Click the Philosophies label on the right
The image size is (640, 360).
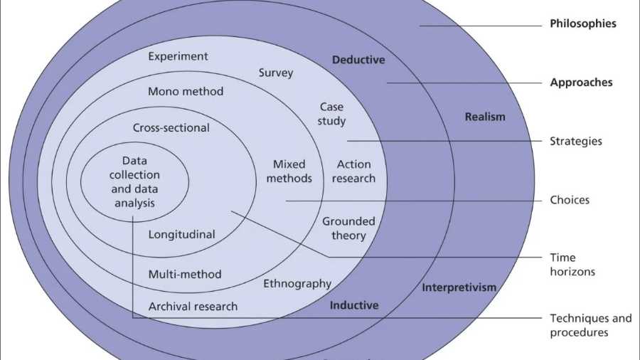pos(582,23)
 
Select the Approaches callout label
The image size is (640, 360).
pos(581,83)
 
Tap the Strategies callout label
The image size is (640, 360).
pos(576,141)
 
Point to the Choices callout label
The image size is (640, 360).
pos(570,200)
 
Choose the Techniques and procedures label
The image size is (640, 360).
pos(590,325)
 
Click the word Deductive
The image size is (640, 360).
pos(358,60)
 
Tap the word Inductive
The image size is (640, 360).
pos(354,305)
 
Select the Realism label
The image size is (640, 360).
pos(485,117)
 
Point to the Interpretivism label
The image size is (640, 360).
pos(459,287)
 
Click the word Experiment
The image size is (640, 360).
pos(178,56)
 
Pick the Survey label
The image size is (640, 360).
pos(276,73)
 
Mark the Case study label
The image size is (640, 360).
pos(331,114)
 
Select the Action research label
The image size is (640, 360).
pos(353,171)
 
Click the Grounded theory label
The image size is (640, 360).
pos(348,228)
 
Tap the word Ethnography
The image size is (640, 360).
pos(297,284)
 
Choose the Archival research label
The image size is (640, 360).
pos(193,307)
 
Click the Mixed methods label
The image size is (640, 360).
pos(289,171)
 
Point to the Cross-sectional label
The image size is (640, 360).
pos(171,128)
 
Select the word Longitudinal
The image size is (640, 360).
pos(181,234)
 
